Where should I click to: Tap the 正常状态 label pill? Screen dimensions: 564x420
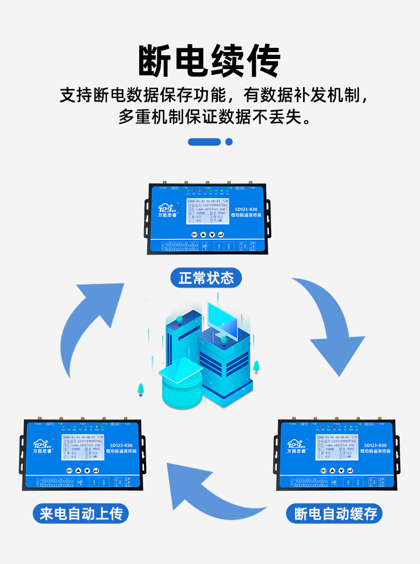click(x=206, y=278)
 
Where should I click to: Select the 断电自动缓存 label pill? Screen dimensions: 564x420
click(x=335, y=514)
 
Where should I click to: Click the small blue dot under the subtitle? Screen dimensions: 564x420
click(x=229, y=142)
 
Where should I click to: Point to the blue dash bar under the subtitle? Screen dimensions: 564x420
click(x=204, y=142)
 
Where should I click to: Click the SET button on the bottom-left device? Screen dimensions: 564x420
click(x=69, y=470)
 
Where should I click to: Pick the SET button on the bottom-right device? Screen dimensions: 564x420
click(x=323, y=470)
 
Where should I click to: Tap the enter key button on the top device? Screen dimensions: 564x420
click(x=221, y=234)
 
